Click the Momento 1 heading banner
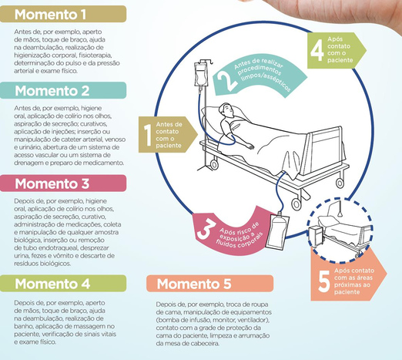(x=63, y=14)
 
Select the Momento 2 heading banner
(x=63, y=90)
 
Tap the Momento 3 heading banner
(x=63, y=183)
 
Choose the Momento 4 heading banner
(x=63, y=284)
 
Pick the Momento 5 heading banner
(x=209, y=284)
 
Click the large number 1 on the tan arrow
(x=148, y=135)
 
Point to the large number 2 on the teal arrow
(x=226, y=80)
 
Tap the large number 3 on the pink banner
(x=206, y=228)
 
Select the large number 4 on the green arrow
(x=317, y=50)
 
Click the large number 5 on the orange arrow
(x=324, y=281)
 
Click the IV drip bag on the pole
(x=199, y=75)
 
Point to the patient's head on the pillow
(x=226, y=110)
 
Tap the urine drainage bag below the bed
(x=278, y=231)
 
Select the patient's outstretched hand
(x=250, y=146)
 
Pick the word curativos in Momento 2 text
(x=90, y=123)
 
